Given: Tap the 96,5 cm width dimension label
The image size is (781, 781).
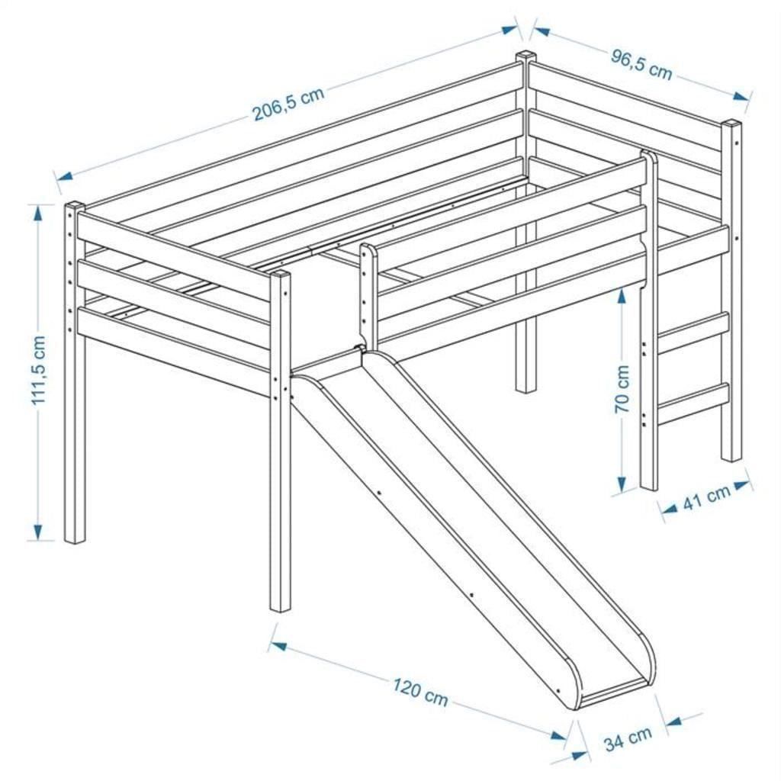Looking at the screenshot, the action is point(641,64).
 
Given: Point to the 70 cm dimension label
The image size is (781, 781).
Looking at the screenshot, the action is point(622,388).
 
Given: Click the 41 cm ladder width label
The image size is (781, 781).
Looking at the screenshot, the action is point(707,497).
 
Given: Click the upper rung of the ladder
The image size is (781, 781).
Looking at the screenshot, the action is point(694,331).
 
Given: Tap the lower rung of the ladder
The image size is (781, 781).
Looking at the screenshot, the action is point(694,403).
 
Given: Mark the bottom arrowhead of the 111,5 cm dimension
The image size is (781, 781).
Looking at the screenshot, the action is point(37,529).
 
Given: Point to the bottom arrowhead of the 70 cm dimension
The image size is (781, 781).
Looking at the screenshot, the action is point(622,483).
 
